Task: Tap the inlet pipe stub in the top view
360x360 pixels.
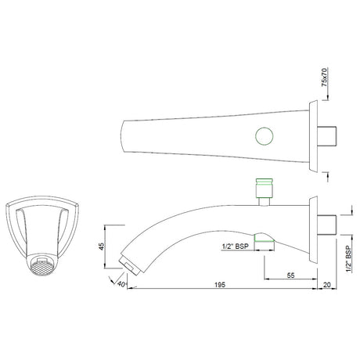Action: point(329,139)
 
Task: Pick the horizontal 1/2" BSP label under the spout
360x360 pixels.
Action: point(235,247)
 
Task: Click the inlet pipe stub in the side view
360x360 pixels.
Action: point(329,224)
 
